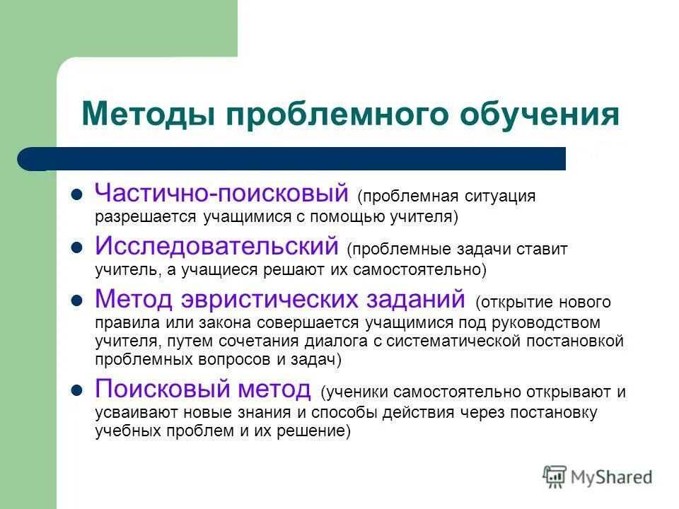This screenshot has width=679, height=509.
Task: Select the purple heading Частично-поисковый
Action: click(x=222, y=192)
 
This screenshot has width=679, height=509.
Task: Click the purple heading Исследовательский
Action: click(x=217, y=246)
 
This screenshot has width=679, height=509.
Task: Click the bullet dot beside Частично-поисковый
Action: click(x=79, y=194)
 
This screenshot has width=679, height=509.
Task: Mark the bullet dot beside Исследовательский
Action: click(x=79, y=247)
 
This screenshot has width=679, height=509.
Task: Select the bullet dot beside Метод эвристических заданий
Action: click(x=79, y=300)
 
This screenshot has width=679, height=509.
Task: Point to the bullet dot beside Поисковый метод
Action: click(x=79, y=390)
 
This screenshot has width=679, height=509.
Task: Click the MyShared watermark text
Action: click(x=611, y=477)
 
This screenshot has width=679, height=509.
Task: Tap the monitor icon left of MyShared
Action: click(x=555, y=476)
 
